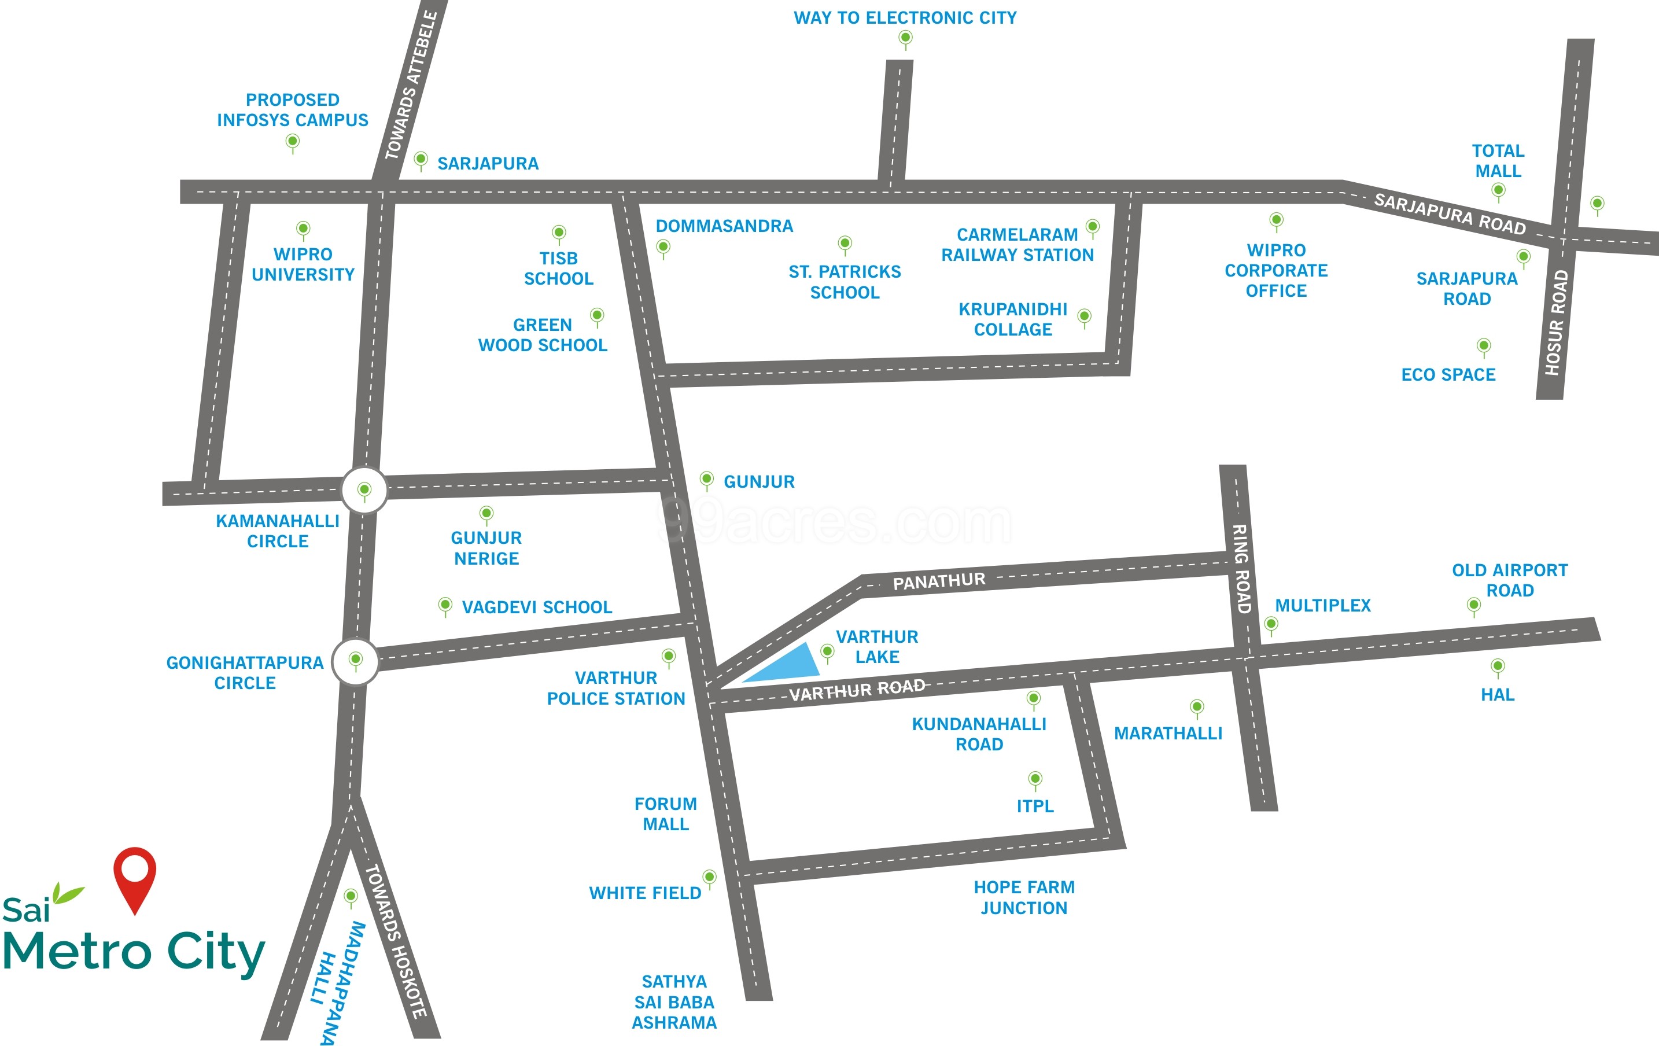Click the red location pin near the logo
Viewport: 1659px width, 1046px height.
pos(135,874)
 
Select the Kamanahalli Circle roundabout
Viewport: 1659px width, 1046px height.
pos(364,490)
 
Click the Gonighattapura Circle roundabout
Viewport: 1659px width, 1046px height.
pos(356,661)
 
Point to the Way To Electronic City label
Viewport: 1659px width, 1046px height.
pos(905,18)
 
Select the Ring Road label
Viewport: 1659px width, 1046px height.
pos(1241,569)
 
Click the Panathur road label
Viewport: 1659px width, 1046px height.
pos(939,581)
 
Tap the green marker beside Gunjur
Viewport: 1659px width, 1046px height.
pos(706,478)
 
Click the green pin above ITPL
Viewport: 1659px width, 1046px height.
pos(1035,779)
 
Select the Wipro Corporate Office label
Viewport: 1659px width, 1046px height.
pos(1276,270)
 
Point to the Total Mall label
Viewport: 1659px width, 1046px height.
pos(1498,161)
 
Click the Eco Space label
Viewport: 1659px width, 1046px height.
pos(1448,375)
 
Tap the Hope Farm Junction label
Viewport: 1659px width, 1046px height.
pos(1024,897)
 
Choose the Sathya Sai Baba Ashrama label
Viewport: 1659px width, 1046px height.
pos(674,1002)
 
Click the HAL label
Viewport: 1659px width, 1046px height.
pos(1498,695)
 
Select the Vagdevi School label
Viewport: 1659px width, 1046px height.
pos(537,607)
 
